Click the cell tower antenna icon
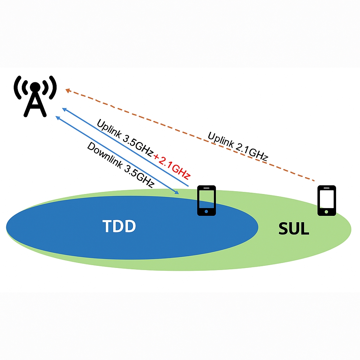coord(35,96)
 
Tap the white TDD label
coord(119,226)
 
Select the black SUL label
coord(294,229)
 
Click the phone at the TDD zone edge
coord(206,200)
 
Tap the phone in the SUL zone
coord(327,200)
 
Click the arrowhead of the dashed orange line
coord(68,90)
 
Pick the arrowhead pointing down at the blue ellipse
coord(177,192)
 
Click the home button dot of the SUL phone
coord(327,212)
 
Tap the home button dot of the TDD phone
coord(206,212)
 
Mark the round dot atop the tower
coord(35,86)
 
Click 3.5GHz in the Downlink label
coord(139,174)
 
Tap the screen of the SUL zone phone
coord(327,198)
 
